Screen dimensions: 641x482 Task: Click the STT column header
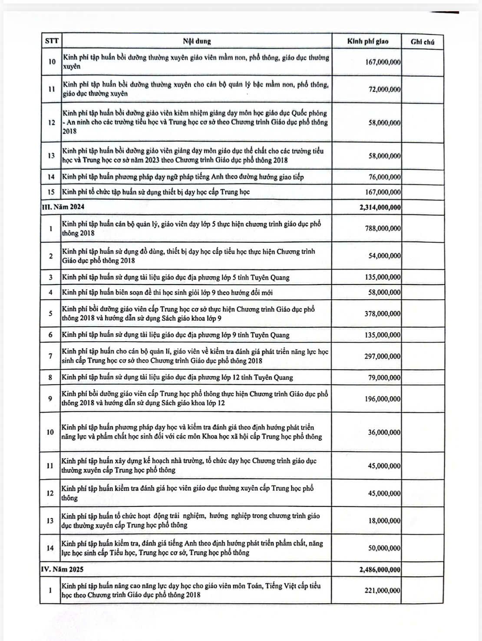point(51,42)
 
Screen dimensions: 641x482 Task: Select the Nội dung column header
point(197,42)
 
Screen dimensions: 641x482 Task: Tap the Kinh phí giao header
point(367,42)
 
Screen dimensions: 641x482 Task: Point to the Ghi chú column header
point(422,42)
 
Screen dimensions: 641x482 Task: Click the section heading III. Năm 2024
point(63,207)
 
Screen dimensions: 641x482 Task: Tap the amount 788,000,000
point(383,228)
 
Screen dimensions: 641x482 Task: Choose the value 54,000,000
point(384,256)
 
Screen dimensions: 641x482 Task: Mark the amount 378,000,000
point(383,314)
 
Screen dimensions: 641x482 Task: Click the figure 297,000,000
point(383,356)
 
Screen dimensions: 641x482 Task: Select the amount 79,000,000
point(384,378)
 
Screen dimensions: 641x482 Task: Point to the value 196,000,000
point(383,399)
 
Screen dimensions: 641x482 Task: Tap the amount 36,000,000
point(384,433)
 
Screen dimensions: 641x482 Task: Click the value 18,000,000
point(384,521)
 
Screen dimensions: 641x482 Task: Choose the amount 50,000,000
point(384,548)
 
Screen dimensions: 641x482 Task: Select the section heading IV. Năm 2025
point(62,569)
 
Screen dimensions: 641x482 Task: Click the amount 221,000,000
point(383,591)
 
